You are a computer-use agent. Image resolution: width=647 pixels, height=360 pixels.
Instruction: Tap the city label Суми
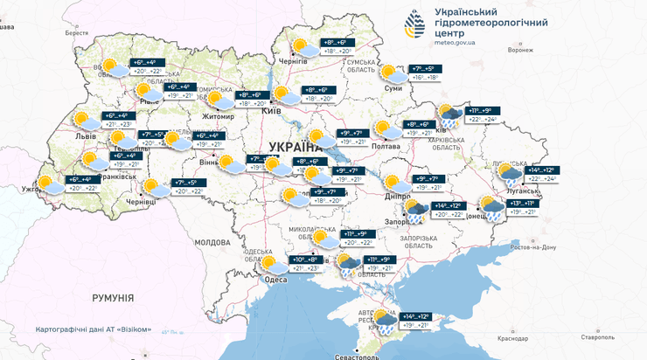click(393, 89)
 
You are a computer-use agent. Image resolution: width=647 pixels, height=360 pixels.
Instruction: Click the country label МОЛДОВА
click(212, 242)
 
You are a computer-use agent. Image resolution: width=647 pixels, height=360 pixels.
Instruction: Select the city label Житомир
click(219, 116)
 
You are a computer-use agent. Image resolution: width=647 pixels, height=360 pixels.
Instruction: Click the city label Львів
click(86, 137)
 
